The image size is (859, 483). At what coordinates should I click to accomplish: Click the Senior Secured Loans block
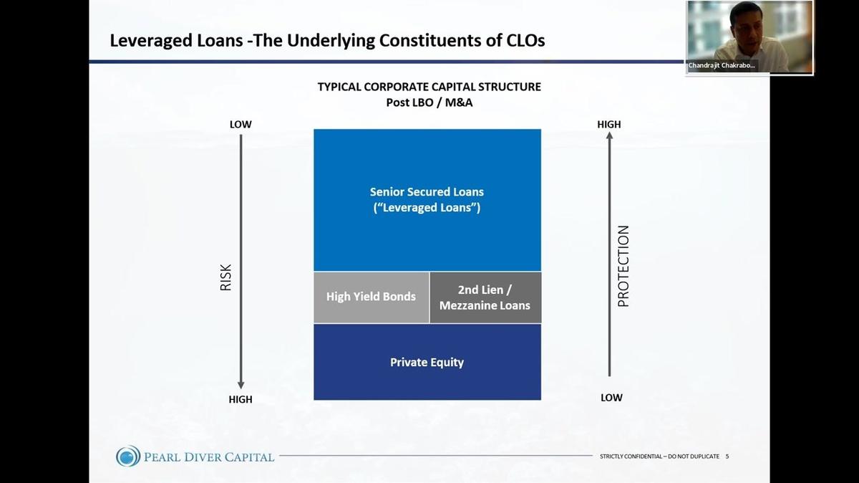(427, 200)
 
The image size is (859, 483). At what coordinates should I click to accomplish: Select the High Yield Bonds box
(371, 297)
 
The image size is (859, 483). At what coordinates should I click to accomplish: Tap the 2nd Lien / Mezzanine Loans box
(485, 297)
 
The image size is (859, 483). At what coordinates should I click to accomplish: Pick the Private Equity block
(427, 362)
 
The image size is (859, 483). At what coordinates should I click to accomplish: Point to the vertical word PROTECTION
(623, 266)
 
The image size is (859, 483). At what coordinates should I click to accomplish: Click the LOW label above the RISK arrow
(241, 125)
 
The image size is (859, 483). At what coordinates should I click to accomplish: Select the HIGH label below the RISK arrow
(241, 399)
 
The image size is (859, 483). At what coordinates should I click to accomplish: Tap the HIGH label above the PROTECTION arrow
(609, 125)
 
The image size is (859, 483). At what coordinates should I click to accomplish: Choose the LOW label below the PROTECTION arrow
(611, 398)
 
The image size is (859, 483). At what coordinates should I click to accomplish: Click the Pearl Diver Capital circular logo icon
(128, 456)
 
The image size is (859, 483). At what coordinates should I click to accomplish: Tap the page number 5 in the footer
(727, 456)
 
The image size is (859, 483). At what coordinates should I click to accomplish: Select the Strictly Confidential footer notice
(659, 456)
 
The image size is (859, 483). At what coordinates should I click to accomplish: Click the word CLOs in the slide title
(522, 41)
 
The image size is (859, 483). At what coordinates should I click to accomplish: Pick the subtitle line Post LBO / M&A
(429, 102)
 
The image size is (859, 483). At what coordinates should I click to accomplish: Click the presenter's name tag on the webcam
(722, 65)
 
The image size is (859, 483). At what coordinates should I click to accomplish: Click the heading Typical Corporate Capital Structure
(429, 87)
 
